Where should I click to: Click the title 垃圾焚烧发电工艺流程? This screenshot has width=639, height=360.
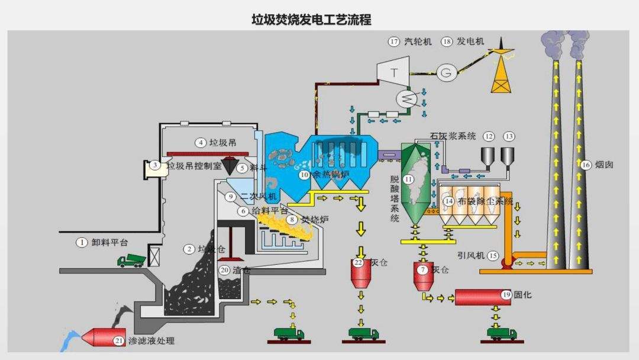pos(312,20)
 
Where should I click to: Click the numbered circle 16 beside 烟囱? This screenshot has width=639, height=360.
pos(586,165)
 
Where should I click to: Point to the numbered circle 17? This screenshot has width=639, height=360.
pos(394,41)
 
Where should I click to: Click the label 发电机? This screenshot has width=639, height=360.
pos(472,41)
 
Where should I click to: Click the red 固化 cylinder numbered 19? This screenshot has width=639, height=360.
pos(482,296)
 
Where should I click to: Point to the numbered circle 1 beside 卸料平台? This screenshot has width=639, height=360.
pos(82,242)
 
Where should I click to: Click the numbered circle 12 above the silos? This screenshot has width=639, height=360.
pos(489,136)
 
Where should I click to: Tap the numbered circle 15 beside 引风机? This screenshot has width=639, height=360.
pos(493,256)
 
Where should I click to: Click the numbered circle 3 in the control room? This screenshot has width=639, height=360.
pos(154,166)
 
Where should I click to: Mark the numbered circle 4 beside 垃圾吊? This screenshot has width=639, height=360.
pos(201,142)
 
